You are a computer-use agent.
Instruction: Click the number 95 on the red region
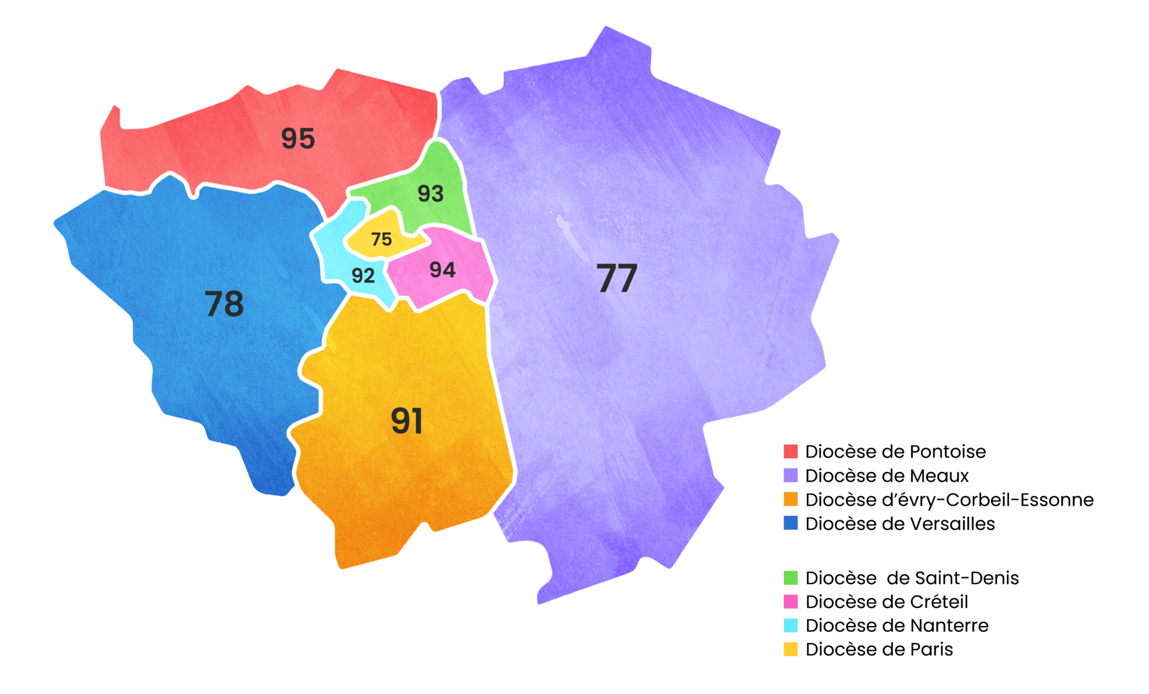(298, 138)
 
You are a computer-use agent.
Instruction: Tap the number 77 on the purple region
(617, 278)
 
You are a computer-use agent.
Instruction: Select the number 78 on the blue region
(224, 304)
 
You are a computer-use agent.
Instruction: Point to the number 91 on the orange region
(407, 420)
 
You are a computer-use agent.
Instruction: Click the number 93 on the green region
(430, 194)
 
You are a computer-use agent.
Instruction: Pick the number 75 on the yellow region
(381, 239)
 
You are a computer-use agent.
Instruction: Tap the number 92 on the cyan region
(363, 275)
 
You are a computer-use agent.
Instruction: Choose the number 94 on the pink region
(443, 270)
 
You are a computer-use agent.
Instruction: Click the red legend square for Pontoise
(791, 451)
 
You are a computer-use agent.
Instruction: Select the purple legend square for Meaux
(791, 475)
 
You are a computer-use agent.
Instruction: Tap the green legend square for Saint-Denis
(791, 577)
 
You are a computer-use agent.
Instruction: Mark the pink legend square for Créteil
(791, 601)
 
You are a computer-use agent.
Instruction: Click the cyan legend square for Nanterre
(791, 625)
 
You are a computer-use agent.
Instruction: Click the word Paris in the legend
(931, 649)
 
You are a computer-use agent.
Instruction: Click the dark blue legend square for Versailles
(791, 523)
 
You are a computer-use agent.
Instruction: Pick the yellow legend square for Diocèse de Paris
(791, 649)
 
